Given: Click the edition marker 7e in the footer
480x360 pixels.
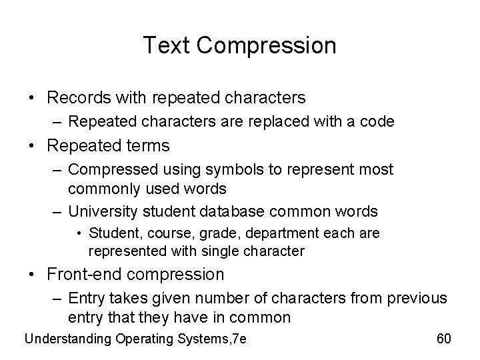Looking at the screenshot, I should (237, 339).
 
